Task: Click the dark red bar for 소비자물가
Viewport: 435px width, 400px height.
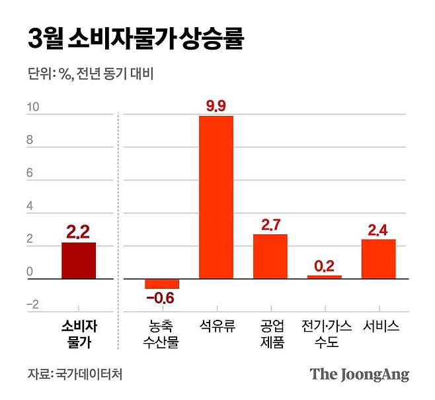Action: coord(79,261)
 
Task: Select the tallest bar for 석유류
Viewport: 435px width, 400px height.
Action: coord(216,197)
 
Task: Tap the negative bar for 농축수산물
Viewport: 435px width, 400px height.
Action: coord(162,284)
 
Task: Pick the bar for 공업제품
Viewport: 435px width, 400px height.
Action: coord(270,256)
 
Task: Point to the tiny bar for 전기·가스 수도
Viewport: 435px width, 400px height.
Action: coord(324,277)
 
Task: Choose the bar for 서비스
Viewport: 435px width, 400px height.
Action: coord(378,259)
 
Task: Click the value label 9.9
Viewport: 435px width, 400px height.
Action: coord(216,104)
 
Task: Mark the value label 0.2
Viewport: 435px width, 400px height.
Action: coord(324,266)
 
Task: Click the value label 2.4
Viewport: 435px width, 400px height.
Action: coord(378,229)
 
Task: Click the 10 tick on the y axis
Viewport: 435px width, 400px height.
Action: coord(32,107)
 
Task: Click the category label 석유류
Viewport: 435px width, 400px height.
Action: coord(216,326)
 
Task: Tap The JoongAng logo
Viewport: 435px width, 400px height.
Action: coord(360,374)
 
